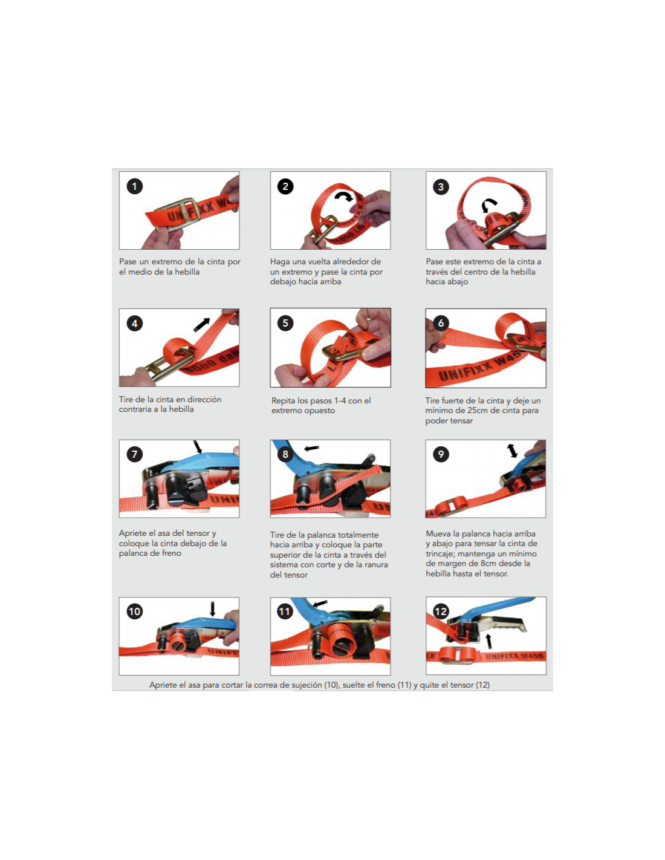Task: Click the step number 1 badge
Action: point(134,186)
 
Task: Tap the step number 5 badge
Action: point(285,324)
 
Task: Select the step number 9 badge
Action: point(441,454)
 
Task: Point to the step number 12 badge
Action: point(441,611)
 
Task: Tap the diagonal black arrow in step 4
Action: point(202,325)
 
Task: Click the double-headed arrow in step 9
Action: point(512,451)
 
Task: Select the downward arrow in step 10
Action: point(212,609)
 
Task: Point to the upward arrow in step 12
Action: point(489,641)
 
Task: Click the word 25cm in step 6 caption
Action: point(478,411)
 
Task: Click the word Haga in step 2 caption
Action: point(279,262)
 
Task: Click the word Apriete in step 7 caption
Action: point(132,533)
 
